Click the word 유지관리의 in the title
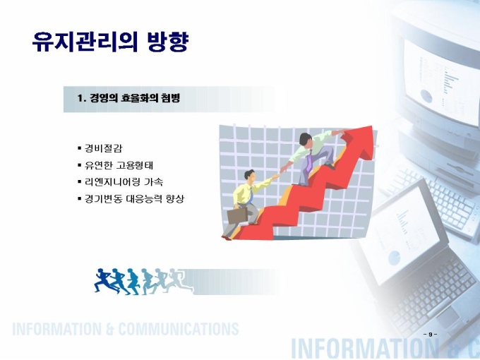point(85,42)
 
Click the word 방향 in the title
point(167,42)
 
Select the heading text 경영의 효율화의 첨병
point(135,98)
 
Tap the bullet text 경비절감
point(103,148)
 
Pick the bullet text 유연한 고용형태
point(119,165)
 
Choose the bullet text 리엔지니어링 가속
point(124,182)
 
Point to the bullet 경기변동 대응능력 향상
point(134,199)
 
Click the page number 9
point(431,335)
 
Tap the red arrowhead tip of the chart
point(371,126)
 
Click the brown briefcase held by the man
point(237,215)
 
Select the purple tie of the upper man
point(309,162)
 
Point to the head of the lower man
point(249,175)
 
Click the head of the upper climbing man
point(306,139)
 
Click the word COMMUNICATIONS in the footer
point(179,330)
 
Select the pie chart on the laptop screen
point(395,258)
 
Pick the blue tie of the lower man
point(251,196)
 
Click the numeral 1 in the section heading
point(80,99)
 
